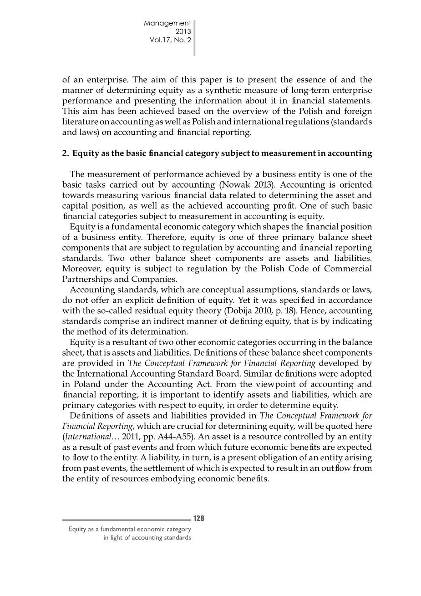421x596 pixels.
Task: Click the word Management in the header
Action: [167, 23]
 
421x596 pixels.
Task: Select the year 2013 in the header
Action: [183, 31]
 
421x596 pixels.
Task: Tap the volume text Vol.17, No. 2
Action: [170, 40]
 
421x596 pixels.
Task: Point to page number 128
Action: [199, 518]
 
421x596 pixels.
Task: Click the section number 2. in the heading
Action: [66, 153]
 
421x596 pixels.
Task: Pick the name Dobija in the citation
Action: [248, 311]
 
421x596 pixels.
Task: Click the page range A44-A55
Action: [174, 437]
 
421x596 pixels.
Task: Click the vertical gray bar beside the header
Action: [194, 37]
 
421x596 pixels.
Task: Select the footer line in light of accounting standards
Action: [147, 538]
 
